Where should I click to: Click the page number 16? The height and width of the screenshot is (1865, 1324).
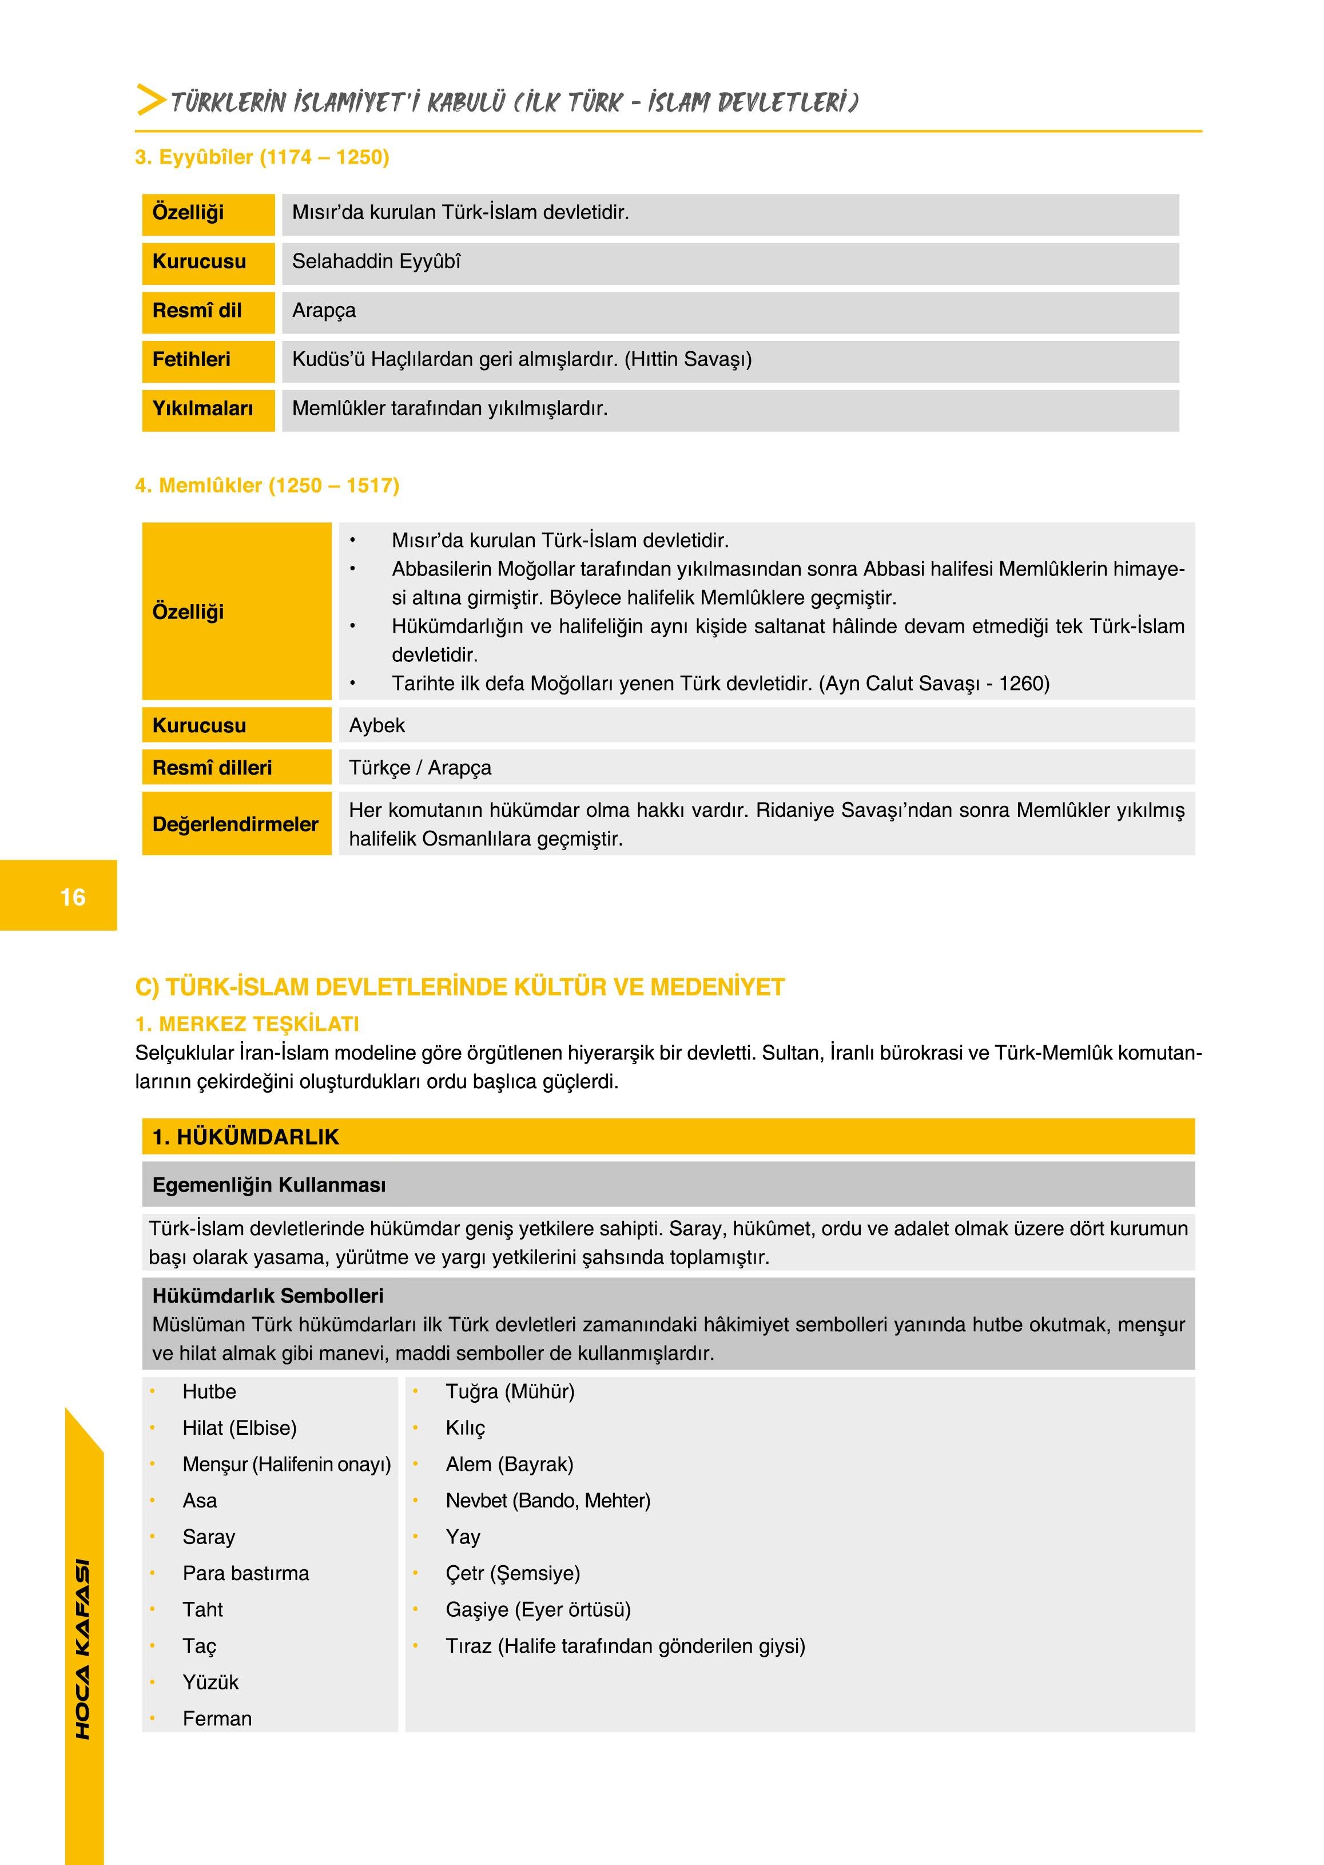(73, 897)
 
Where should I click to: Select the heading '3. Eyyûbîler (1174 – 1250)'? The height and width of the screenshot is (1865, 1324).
(262, 157)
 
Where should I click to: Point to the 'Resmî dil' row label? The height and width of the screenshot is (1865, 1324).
(197, 311)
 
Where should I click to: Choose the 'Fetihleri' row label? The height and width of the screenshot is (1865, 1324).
(191, 360)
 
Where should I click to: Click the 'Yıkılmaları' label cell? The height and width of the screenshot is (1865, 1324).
(202, 408)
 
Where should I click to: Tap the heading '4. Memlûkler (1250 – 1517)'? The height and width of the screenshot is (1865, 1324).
(267, 486)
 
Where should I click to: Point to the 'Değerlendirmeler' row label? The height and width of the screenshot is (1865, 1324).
(235, 824)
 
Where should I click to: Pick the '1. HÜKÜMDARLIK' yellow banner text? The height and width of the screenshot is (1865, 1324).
(245, 1137)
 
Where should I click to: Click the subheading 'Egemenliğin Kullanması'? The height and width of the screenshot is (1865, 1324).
(269, 1185)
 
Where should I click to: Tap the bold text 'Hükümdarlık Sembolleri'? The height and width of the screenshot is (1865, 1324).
(268, 1296)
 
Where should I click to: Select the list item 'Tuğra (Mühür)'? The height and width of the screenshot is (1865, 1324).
(510, 1392)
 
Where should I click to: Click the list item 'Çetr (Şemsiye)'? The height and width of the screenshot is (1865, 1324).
(512, 1574)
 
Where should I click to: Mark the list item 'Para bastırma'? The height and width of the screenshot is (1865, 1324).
(245, 1574)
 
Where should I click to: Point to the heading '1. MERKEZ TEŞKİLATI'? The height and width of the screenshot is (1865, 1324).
(247, 1024)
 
